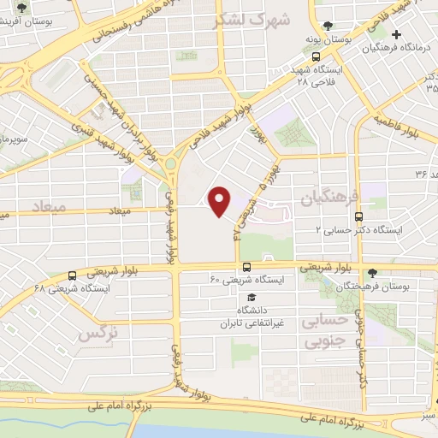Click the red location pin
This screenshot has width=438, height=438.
tap(220, 202)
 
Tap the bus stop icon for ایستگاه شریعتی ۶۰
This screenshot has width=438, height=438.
tap(246, 267)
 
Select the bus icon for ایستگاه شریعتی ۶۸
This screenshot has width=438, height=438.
tap(72, 275)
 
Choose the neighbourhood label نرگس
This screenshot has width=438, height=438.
tap(98, 334)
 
